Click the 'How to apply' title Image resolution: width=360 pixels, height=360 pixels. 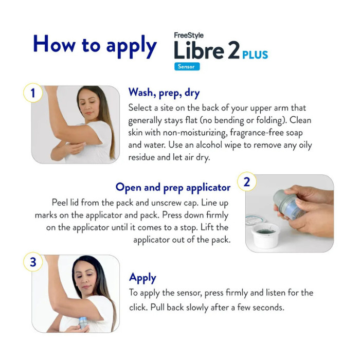[x=95, y=46]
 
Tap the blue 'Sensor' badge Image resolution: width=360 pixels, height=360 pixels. [x=186, y=66]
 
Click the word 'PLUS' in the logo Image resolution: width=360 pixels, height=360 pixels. [x=255, y=55]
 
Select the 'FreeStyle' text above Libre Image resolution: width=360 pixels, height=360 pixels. [x=189, y=35]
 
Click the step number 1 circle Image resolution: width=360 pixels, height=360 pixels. [x=33, y=93]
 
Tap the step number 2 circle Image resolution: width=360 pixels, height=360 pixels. [x=247, y=182]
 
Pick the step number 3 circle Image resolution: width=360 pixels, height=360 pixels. [x=33, y=262]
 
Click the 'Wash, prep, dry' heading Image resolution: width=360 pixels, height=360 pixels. [x=164, y=93]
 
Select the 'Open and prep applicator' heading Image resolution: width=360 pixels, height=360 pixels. [x=173, y=187]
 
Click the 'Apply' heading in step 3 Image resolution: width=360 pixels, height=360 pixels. [x=142, y=278]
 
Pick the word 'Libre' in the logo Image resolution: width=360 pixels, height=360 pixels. [x=206, y=51]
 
